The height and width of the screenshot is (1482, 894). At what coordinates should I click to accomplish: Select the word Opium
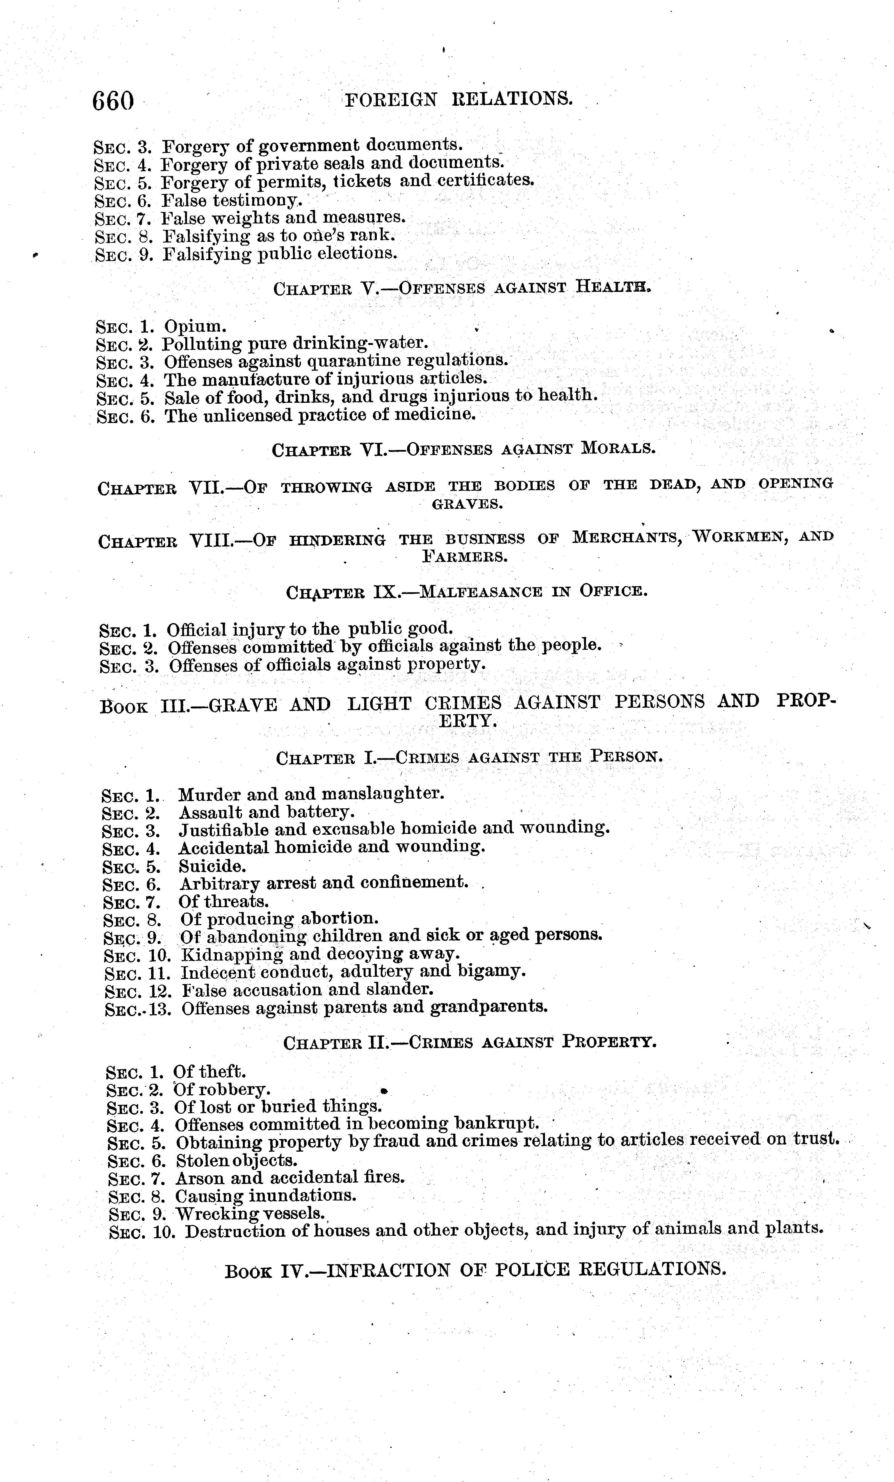(x=195, y=327)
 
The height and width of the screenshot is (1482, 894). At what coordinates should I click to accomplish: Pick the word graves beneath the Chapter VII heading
(x=467, y=504)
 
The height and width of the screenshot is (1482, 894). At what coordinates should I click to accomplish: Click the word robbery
(x=236, y=1090)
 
